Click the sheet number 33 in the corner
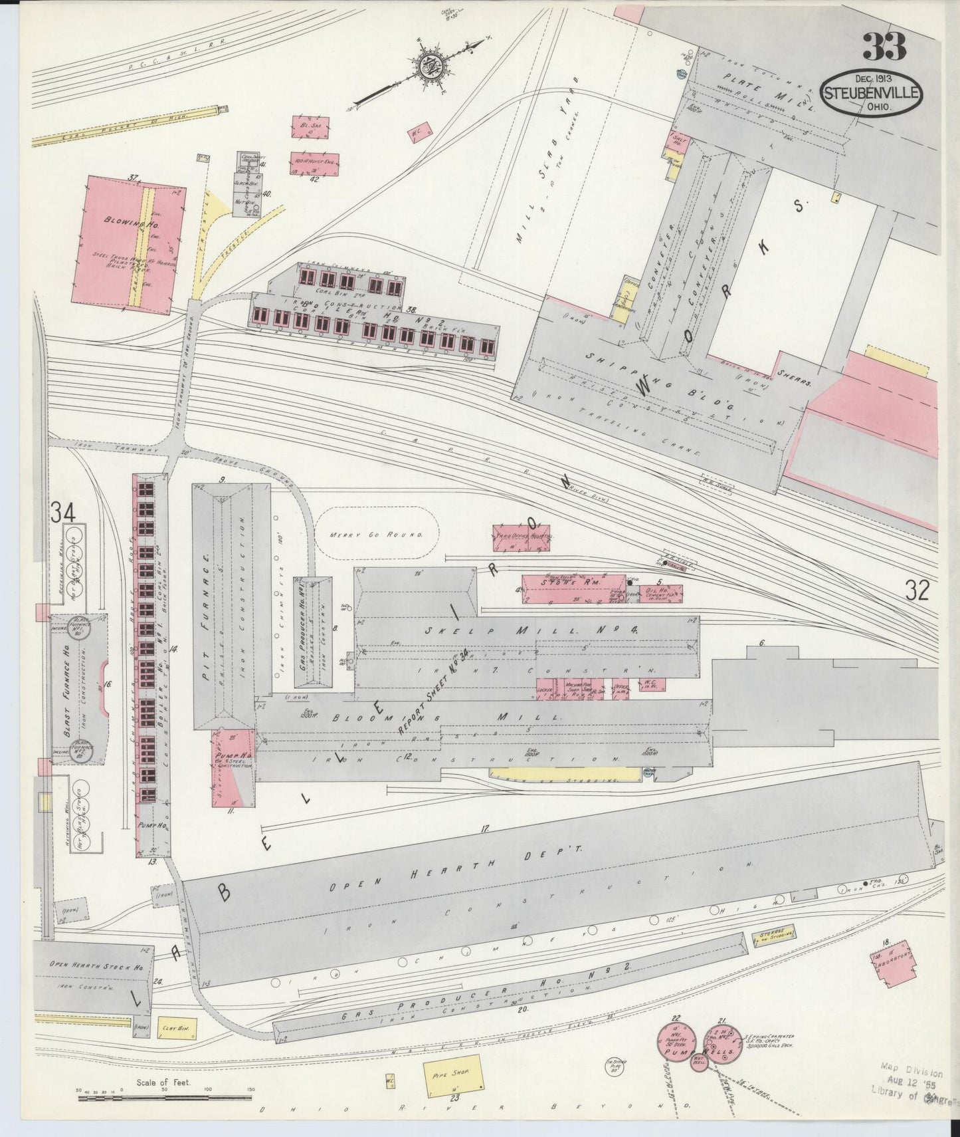(x=884, y=47)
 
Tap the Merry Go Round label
(x=375, y=535)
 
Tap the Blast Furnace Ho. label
(x=68, y=693)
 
